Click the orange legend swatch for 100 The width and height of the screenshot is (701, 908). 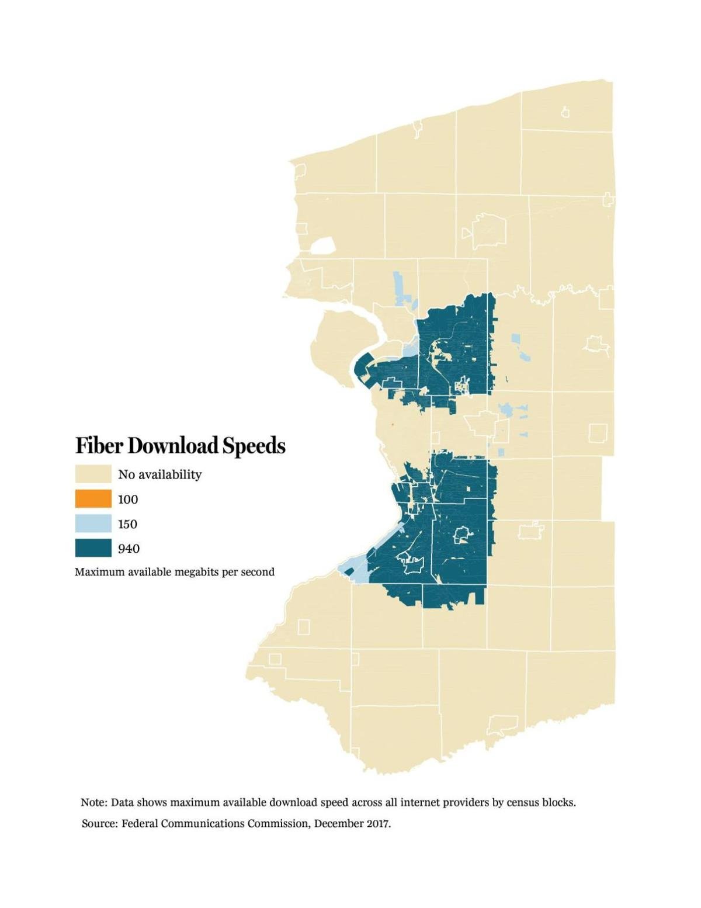[x=93, y=499]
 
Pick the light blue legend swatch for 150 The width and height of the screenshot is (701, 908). [x=93, y=524]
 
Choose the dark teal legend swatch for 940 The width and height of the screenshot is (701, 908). [x=93, y=548]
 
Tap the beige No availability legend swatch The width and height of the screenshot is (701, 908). [x=93, y=474]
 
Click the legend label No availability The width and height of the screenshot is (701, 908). [x=159, y=474]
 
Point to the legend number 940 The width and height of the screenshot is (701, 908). [x=129, y=549]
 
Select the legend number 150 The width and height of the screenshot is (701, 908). [x=127, y=524]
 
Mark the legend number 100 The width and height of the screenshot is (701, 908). [x=128, y=500]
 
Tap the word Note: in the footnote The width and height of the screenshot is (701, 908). [x=93, y=802]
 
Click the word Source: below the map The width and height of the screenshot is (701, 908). [x=100, y=824]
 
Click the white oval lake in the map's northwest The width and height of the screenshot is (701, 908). [x=323, y=246]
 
